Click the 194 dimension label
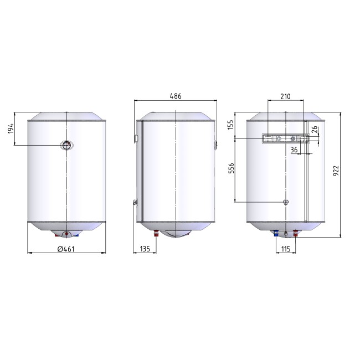[x=11, y=128]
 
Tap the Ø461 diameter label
[x=66, y=249]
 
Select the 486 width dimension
[x=176, y=96]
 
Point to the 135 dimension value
[x=145, y=249]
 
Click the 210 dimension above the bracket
[x=285, y=96]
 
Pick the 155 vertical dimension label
[x=230, y=125]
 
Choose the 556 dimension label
[x=231, y=168]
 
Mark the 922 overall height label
[x=336, y=171]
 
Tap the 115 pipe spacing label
[x=286, y=249]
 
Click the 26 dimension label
[x=315, y=129]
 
